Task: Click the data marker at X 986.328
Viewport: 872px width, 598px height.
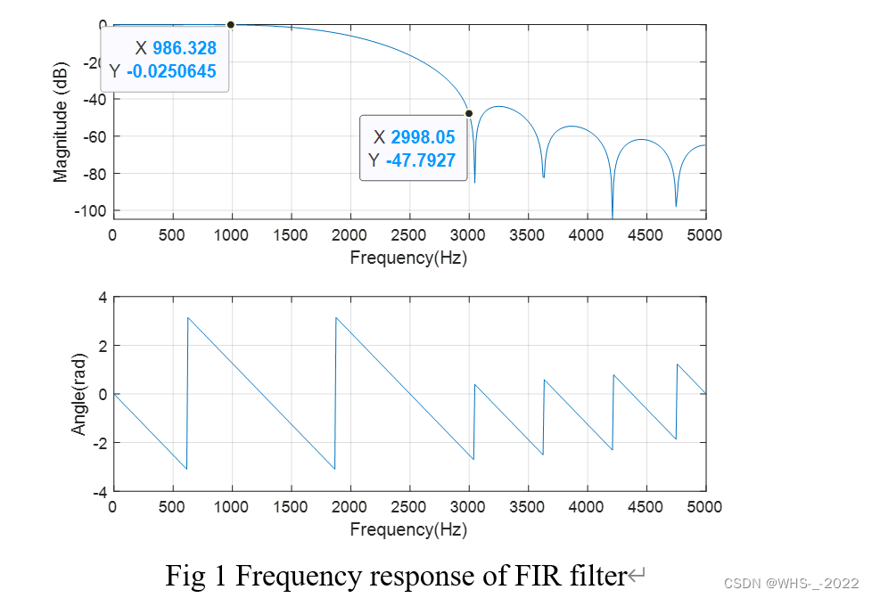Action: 231,25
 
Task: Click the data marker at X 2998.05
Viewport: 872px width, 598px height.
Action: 469,113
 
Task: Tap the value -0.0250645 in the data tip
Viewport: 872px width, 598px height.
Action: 171,71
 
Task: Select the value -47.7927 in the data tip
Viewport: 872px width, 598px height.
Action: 423,160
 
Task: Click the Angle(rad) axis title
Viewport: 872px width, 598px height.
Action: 79,395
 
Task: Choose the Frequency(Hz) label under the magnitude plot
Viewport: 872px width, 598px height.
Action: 408,258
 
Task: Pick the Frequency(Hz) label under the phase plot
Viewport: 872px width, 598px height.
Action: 408,529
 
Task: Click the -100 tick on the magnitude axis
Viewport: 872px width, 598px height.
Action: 91,210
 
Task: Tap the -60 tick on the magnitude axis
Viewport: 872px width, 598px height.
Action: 95,136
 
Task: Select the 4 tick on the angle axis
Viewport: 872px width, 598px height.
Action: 103,298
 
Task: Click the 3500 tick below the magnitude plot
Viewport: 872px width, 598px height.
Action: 528,236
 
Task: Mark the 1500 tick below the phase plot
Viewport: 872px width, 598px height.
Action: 291,507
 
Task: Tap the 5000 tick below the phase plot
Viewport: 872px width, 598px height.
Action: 705,507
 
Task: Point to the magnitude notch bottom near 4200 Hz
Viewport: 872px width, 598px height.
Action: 613,217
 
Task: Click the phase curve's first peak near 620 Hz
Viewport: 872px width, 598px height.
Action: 187,318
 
